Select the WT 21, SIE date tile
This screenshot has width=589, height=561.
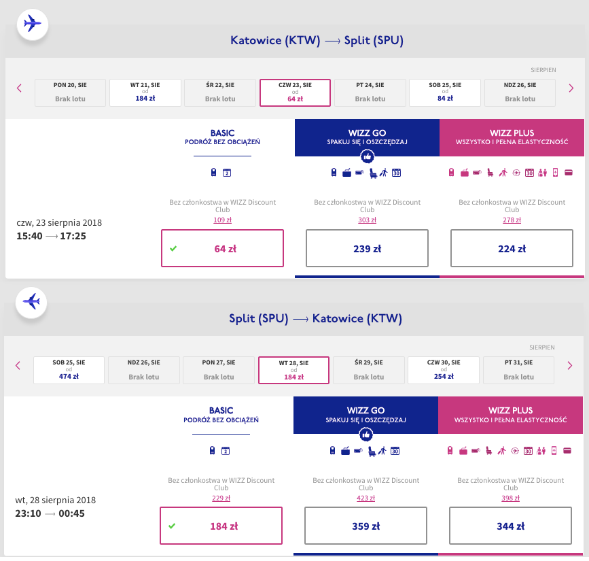click(145, 92)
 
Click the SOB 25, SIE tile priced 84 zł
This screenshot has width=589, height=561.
click(445, 92)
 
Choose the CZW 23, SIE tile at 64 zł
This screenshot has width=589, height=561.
click(295, 92)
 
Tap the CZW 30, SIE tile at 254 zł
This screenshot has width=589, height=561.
click(444, 370)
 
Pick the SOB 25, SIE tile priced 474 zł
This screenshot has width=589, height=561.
click(69, 370)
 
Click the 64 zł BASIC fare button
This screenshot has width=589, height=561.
click(222, 248)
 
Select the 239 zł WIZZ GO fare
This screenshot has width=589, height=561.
click(367, 248)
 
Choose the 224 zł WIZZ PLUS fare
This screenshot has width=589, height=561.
click(512, 248)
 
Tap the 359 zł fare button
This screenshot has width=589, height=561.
click(365, 526)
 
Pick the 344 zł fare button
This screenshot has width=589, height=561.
click(510, 526)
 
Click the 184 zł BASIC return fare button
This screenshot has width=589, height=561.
click(221, 526)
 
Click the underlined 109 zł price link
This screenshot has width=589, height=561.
click(222, 220)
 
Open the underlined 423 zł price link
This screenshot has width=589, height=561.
click(365, 498)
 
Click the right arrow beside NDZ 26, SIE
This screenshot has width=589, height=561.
click(571, 88)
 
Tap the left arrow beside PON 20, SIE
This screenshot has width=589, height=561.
click(19, 88)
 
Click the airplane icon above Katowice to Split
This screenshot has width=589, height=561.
click(33, 24)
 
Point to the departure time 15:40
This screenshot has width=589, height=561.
click(29, 236)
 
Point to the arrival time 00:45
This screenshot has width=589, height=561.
click(72, 513)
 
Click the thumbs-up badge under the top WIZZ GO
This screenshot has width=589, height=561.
click(367, 156)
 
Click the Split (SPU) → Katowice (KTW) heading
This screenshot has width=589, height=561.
click(315, 318)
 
